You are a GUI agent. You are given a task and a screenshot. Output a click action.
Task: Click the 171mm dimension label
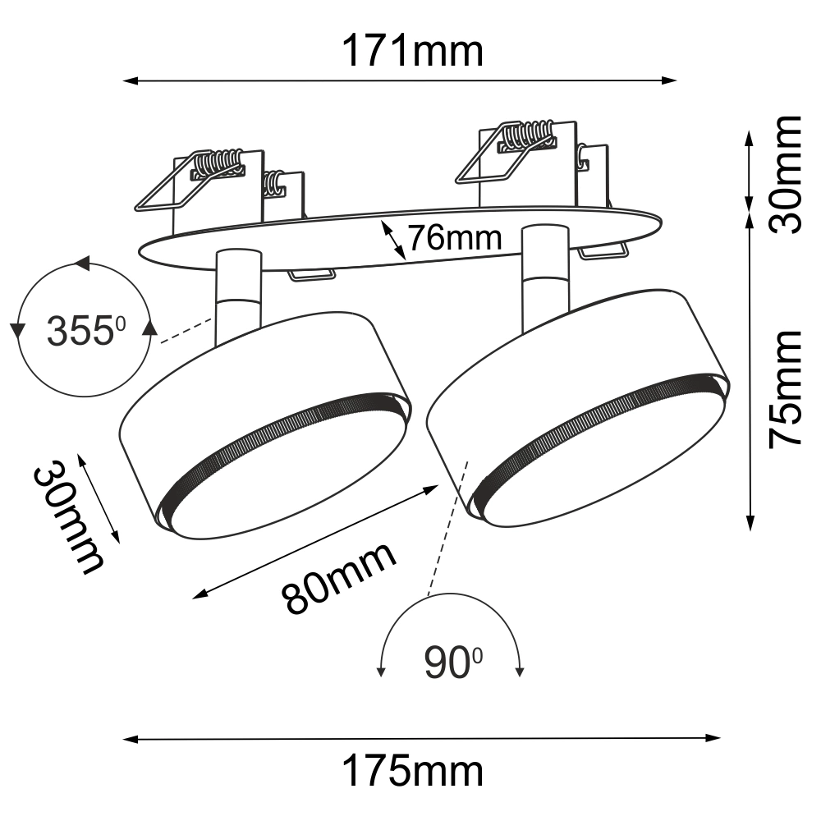pyautogui.click(x=412, y=51)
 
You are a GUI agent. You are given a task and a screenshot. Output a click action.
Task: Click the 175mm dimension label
pyautogui.click(x=412, y=771)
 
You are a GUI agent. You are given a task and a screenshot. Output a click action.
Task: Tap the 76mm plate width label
pyautogui.click(x=455, y=238)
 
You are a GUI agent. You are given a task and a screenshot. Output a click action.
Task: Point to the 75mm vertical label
pyautogui.click(x=785, y=389)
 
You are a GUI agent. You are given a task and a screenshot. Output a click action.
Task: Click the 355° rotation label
pyautogui.click(x=86, y=331)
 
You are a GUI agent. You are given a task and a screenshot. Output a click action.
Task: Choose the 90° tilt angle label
pyautogui.click(x=453, y=663)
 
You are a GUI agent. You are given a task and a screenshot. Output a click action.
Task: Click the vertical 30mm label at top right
pyautogui.click(x=785, y=174)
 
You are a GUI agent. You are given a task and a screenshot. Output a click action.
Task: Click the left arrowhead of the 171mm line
pyautogui.click(x=130, y=80)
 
